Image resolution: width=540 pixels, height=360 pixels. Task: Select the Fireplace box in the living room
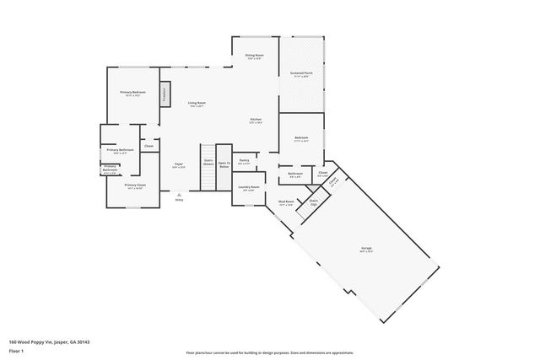165,93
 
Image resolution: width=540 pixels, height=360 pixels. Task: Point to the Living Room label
197,104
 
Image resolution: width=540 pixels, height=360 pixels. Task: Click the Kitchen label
256,121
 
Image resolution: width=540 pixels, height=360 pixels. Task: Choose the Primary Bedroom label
132,93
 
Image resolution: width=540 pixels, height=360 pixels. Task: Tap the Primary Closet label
135,185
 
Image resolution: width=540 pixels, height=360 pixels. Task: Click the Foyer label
179,164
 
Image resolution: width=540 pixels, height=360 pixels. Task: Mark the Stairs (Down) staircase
208,165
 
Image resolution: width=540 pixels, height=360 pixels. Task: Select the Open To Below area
224,165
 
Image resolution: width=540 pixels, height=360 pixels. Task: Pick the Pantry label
244,161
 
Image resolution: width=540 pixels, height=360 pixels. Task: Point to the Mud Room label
286,202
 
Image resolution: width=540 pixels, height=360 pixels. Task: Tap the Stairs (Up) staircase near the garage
313,202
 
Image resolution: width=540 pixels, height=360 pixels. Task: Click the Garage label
367,249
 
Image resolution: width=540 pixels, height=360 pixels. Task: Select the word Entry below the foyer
179,200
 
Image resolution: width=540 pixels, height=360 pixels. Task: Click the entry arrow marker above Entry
179,194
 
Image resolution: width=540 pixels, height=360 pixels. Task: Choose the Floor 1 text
16,350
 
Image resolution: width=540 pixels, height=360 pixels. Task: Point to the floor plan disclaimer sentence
270,352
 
